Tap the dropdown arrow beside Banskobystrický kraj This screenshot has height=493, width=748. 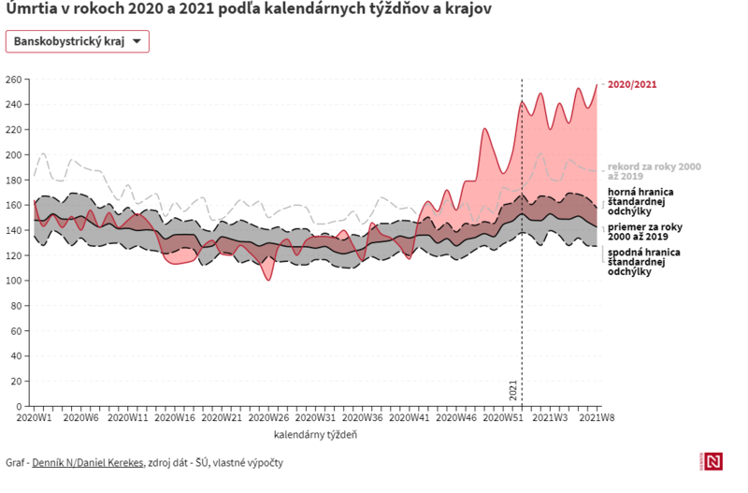[137, 42]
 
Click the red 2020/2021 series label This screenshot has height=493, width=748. [632, 84]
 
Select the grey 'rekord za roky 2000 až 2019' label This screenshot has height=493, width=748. [653, 170]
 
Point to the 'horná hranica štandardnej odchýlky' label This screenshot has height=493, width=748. [641, 201]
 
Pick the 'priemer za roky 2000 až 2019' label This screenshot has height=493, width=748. [645, 231]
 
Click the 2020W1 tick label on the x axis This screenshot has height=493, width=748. [35, 417]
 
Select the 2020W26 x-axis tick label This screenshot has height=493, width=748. [268, 417]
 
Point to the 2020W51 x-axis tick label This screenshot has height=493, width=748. [502, 417]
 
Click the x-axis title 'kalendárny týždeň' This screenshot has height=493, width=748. [315, 435]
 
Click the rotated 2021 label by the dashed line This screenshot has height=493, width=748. [512, 390]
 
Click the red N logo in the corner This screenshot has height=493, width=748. [712, 461]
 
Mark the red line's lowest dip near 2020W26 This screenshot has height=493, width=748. [268, 280]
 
